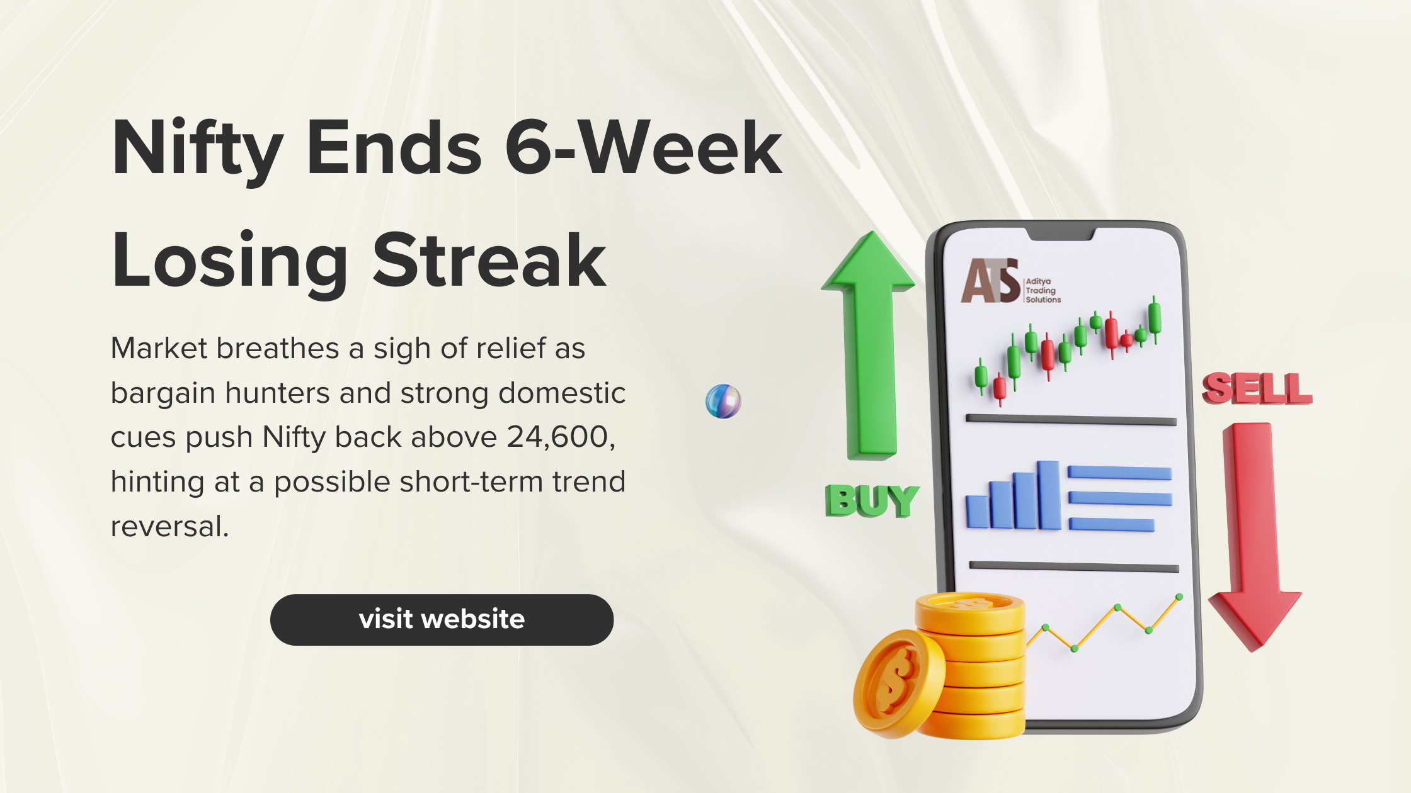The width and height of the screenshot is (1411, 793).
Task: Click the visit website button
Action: coord(442,619)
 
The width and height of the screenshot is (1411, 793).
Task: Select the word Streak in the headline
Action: coord(489,260)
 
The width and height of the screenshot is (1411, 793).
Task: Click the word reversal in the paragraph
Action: coord(169,526)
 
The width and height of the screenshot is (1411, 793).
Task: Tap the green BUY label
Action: coord(872,501)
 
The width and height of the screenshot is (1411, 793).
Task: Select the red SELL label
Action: coord(1257,388)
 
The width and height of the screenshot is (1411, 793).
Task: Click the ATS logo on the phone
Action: coord(990,281)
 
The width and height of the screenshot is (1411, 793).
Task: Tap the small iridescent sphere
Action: coord(723,401)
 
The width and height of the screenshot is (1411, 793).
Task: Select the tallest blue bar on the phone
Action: coord(1049,495)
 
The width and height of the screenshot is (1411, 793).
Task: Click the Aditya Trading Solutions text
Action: coord(1043,290)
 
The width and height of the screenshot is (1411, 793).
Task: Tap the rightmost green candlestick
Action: coord(1155,318)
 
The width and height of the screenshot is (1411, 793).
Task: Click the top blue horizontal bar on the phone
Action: coord(1119,473)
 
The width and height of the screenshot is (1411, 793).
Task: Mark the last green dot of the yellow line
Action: coord(1179,597)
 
